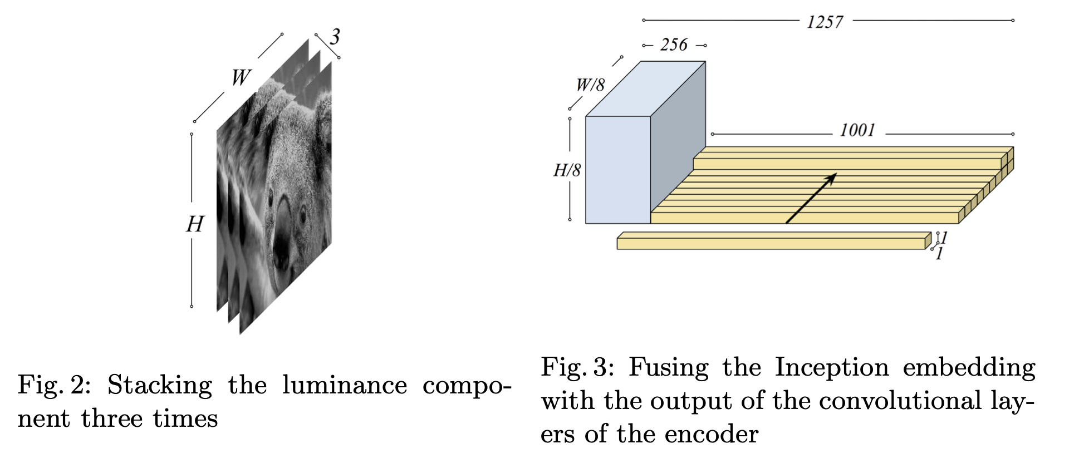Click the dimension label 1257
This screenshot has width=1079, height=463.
pyautogui.click(x=825, y=22)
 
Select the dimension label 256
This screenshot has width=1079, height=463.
pyautogui.click(x=674, y=45)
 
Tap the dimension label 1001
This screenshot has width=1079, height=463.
pyautogui.click(x=857, y=131)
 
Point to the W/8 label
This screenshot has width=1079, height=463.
pyautogui.click(x=590, y=85)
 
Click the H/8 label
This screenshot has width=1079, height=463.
pyautogui.click(x=567, y=170)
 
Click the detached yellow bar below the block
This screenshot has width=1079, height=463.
pyautogui.click(x=771, y=243)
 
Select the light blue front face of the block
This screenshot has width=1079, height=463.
pyautogui.click(x=617, y=170)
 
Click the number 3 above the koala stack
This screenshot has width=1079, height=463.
pyautogui.click(x=334, y=37)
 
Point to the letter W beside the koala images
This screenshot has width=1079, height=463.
pyautogui.click(x=241, y=77)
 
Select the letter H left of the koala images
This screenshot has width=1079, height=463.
pyautogui.click(x=194, y=224)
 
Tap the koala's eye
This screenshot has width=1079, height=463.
pyautogui.click(x=302, y=213)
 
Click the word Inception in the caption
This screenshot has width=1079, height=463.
pyautogui.click(x=832, y=367)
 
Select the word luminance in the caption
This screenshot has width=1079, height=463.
pyautogui.click(x=344, y=385)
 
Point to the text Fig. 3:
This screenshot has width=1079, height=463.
pyautogui.click(x=577, y=367)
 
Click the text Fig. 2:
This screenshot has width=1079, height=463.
pyautogui.click(x=54, y=385)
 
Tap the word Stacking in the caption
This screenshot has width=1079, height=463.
pyautogui.click(x=160, y=385)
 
